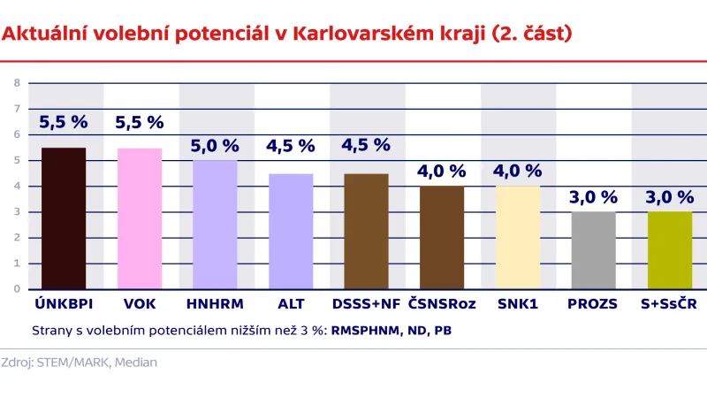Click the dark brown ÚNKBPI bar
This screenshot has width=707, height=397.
point(63,218)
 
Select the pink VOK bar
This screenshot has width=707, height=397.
point(140,218)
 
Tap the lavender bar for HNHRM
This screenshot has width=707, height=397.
point(215,225)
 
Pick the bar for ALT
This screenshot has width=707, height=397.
point(291,231)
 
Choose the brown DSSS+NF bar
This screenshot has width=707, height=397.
point(366,231)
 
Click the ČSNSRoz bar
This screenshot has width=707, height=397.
point(442,237)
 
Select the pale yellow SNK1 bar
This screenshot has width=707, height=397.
point(518,237)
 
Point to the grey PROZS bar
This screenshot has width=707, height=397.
point(593,250)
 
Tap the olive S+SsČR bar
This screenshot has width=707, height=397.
point(669,250)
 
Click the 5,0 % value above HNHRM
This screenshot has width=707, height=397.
point(215,146)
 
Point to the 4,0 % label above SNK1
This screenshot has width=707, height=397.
point(518,172)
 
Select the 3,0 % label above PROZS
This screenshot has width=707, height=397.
point(593,197)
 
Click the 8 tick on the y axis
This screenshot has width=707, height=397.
point(16,83)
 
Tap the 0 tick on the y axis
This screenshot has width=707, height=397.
point(16,289)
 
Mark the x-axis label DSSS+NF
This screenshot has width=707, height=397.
point(366,304)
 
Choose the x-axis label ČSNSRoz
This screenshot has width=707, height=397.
point(442,304)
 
